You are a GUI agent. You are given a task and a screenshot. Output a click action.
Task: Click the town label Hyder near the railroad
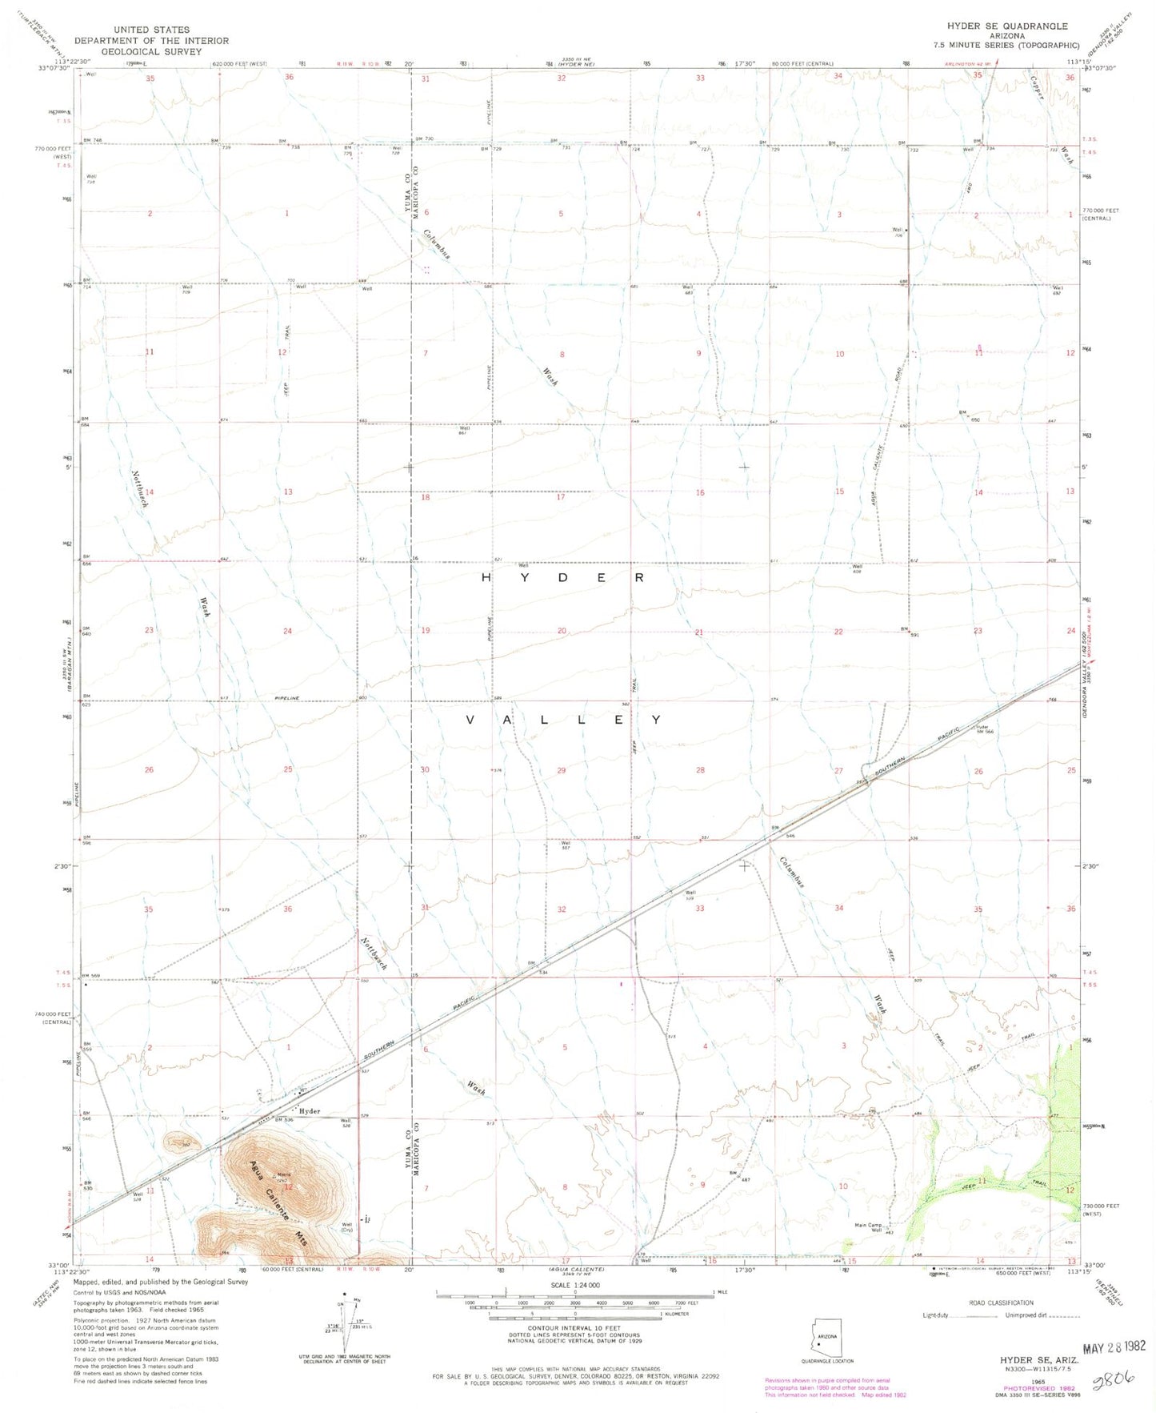[x=309, y=1111]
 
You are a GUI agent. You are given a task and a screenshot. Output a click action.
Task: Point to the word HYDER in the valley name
[x=562, y=577]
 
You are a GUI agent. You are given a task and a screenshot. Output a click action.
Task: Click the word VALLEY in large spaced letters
[x=563, y=720]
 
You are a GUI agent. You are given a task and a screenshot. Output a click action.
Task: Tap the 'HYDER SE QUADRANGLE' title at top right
[x=1006, y=26]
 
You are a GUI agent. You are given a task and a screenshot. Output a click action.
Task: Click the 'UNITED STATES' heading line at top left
[x=151, y=30]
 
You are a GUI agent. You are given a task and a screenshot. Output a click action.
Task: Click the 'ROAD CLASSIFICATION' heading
[x=999, y=1303]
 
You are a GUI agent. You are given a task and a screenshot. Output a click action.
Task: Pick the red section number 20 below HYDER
[x=562, y=631]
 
